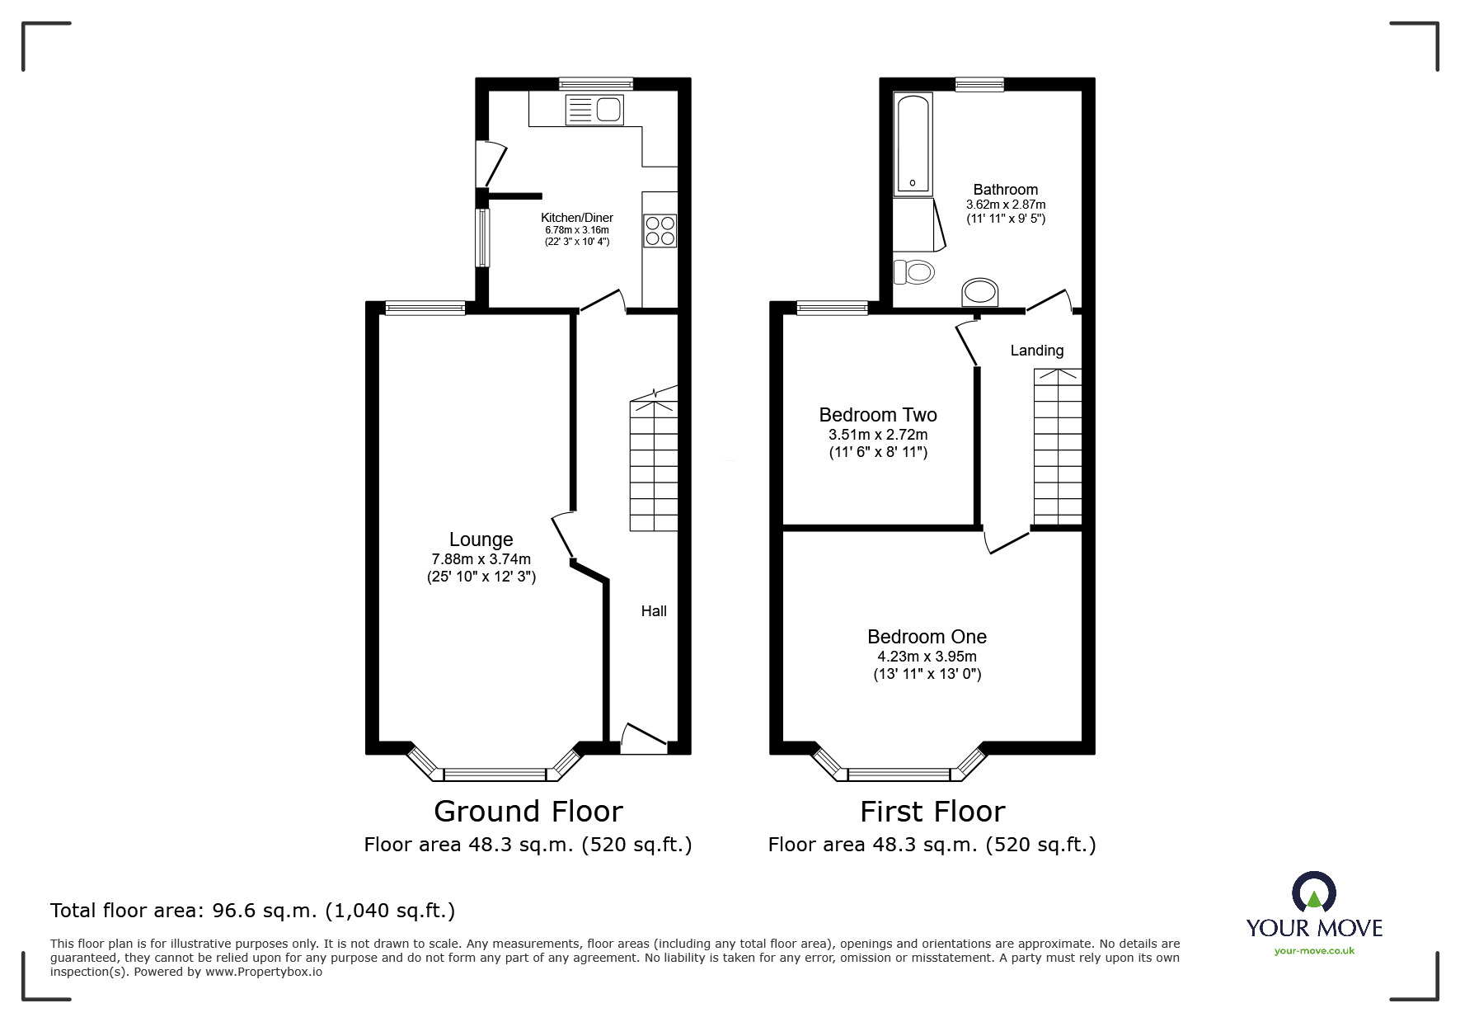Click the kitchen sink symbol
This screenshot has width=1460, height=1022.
click(594, 110)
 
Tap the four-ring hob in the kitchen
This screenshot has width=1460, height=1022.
click(660, 231)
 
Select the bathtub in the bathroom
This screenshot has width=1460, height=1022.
click(913, 144)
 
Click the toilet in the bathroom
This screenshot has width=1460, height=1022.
click(913, 271)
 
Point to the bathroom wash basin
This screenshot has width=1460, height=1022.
click(980, 292)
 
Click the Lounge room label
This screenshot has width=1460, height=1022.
click(481, 539)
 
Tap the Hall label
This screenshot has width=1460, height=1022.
click(654, 611)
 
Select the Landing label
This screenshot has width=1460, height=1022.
click(1036, 351)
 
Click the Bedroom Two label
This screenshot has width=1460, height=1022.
click(877, 415)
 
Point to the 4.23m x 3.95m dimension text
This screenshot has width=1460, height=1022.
click(927, 657)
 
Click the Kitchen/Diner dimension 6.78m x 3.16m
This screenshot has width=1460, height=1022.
click(576, 230)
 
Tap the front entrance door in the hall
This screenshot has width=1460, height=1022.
click(644, 739)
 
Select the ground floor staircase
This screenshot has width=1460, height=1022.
click(654, 466)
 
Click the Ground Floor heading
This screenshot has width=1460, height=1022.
click(528, 812)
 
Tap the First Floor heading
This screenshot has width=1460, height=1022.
click(932, 812)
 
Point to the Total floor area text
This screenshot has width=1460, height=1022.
click(252, 911)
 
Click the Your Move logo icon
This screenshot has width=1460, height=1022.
click(1313, 893)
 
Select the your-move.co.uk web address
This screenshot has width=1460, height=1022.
click(1314, 951)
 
